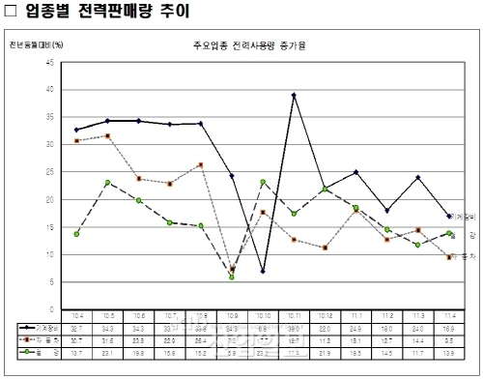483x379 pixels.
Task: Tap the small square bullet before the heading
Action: pos(12,14)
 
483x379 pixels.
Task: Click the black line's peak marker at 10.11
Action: pos(294,95)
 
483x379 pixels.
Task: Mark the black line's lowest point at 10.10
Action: pos(263,271)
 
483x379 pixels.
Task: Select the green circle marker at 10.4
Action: pos(76,234)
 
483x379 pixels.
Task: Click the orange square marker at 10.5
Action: pos(107,136)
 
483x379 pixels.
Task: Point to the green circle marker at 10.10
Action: pos(263,182)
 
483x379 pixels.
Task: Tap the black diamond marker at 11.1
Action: pos(355,172)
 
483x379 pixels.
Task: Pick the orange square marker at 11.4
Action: pos(449,256)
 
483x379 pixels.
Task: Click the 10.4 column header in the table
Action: pos(76,315)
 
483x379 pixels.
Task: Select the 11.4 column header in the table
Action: pos(449,315)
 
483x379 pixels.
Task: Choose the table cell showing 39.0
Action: pos(294,328)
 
